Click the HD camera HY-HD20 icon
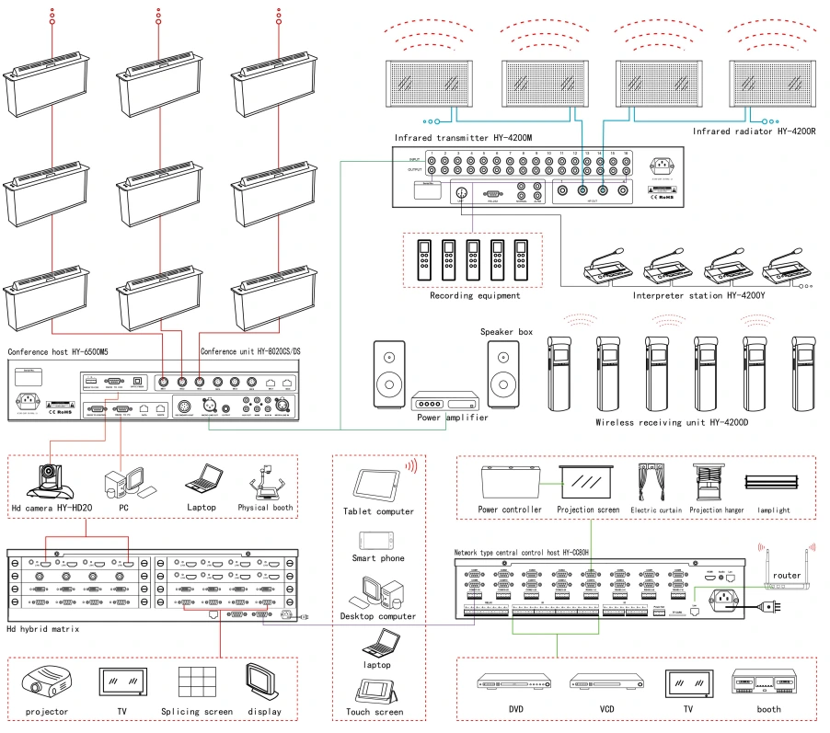point(45,480)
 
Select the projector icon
point(46,682)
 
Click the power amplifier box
point(445,402)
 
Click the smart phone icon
point(378,540)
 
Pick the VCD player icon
point(605,682)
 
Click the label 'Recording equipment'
point(475,296)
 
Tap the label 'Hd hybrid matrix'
point(44,628)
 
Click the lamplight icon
point(768,481)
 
